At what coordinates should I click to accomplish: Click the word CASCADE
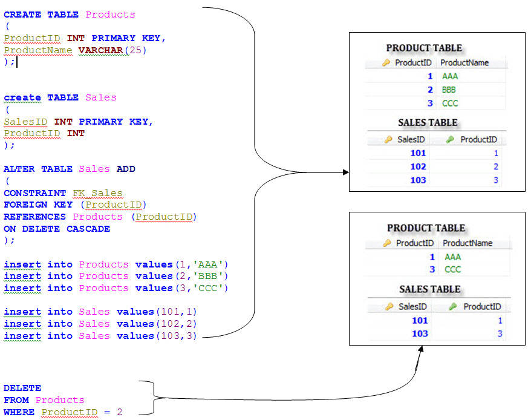tap(88, 229)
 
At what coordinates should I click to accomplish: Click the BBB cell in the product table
tap(449, 90)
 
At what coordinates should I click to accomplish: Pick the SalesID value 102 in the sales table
tap(418, 166)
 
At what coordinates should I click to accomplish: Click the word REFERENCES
tap(34, 217)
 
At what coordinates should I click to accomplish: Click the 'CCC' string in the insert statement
tap(209, 288)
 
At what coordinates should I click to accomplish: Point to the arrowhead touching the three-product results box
tap(346, 172)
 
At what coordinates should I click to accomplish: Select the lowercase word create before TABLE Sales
tap(22, 97)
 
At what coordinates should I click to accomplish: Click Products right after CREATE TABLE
tap(110, 15)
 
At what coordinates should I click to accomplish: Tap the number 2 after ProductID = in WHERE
tap(120, 412)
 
